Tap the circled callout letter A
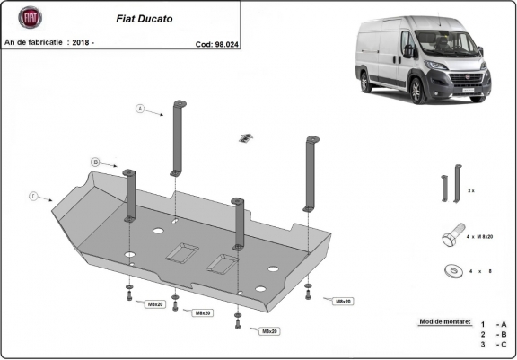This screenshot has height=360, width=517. (140, 110)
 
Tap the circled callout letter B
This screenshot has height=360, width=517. (94, 162)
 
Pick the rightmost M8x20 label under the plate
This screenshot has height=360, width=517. (342, 301)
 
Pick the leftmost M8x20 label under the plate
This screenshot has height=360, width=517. (154, 304)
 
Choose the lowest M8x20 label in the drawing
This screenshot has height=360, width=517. (267, 331)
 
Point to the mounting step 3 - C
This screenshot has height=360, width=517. (494, 344)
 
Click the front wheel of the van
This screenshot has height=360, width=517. (418, 90)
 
